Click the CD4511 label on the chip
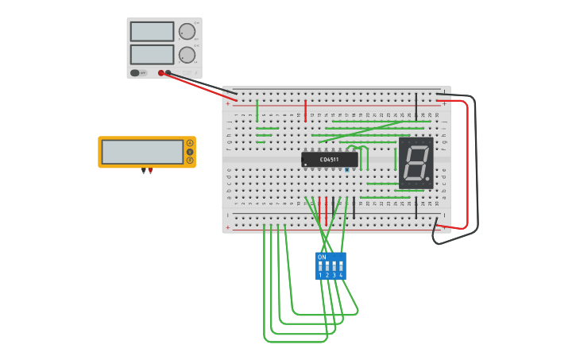click(329, 160)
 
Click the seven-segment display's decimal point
click(427, 180)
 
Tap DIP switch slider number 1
click(320, 265)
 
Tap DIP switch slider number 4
click(341, 265)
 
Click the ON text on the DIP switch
click(322, 257)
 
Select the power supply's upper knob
click(187, 31)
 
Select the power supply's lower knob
click(187, 54)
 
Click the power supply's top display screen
click(152, 31)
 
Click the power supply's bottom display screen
click(152, 54)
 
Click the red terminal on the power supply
click(161, 73)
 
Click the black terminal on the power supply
click(168, 73)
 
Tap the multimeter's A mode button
click(190, 143)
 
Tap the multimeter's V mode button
click(190, 152)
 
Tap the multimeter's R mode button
click(190, 161)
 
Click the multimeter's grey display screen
click(142, 152)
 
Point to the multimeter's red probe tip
click(150, 172)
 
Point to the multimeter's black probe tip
click(144, 172)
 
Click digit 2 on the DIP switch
click(327, 276)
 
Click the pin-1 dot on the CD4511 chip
click(306, 165)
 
